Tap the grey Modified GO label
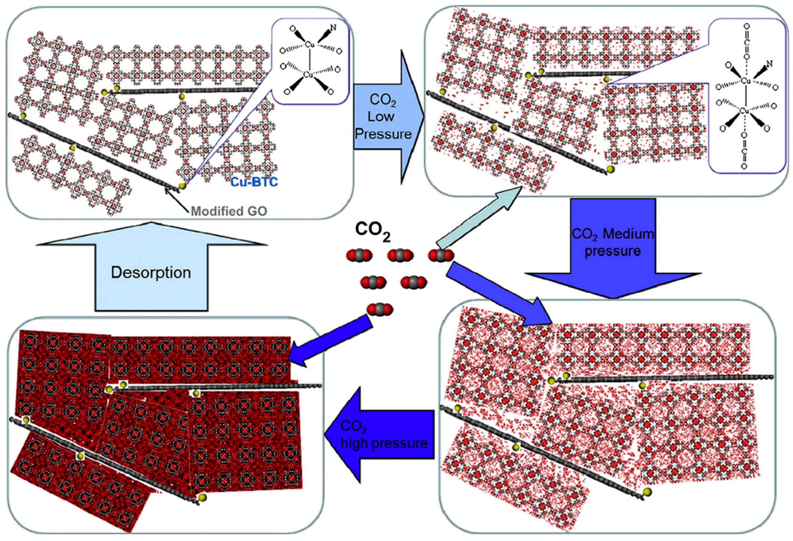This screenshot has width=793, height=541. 229,211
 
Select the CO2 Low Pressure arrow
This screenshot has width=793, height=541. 384,117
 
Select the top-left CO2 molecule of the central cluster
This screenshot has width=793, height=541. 359,255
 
